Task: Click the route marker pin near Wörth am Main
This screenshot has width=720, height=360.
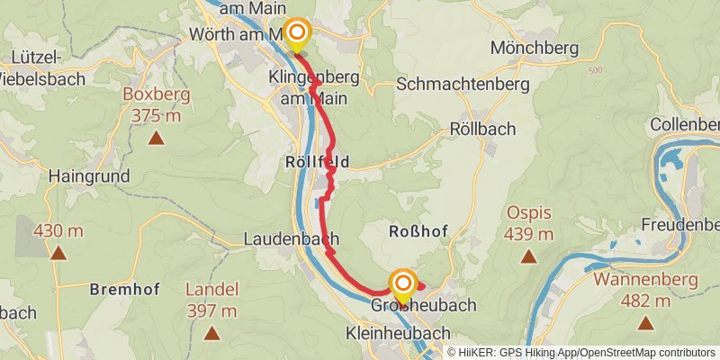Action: point(296,34)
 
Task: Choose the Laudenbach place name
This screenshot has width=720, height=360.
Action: point(291,239)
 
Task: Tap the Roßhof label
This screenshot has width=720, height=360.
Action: point(418,231)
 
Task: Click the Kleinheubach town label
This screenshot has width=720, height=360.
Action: point(397,334)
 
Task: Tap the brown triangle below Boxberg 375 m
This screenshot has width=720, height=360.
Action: point(157,138)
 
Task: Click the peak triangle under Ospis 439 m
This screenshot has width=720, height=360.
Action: point(528,256)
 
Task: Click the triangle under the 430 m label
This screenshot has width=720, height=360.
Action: point(58,253)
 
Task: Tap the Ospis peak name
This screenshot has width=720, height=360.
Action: point(528,213)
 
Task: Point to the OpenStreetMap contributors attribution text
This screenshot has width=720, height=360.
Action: point(647,352)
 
